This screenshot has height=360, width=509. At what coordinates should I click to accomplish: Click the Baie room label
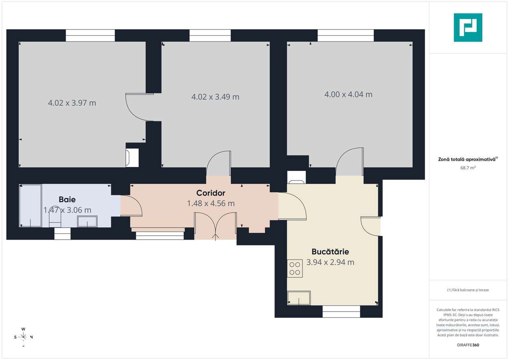click(67, 199)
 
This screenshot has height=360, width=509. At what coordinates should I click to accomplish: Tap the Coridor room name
click(211, 193)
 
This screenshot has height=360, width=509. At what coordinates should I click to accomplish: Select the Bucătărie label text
click(330, 252)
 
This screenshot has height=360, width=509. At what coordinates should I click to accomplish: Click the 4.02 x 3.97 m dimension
click(72, 103)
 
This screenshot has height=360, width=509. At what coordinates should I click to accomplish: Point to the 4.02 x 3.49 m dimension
click(215, 97)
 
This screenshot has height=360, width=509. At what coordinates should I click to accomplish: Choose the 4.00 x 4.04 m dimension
click(348, 95)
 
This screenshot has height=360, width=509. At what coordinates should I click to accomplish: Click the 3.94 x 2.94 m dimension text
click(330, 262)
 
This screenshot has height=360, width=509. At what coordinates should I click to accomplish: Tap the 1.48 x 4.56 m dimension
click(211, 203)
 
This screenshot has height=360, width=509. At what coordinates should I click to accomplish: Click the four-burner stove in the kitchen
click(295, 268)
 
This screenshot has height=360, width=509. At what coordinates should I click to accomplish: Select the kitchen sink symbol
click(299, 298)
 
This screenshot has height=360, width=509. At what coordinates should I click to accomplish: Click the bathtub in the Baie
click(31, 205)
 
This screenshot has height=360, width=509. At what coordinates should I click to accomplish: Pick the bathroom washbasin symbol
click(87, 221)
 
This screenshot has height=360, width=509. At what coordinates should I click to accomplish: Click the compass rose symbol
click(23, 337)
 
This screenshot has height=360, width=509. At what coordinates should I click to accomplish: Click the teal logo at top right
click(468, 27)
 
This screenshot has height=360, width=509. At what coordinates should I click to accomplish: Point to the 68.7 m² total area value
click(468, 168)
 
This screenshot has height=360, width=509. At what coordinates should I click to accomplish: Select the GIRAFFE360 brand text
click(468, 345)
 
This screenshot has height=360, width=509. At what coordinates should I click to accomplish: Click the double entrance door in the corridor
click(215, 226)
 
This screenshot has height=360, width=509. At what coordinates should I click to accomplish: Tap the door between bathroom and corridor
click(131, 206)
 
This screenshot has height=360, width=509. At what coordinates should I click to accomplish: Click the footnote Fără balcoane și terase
click(468, 290)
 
